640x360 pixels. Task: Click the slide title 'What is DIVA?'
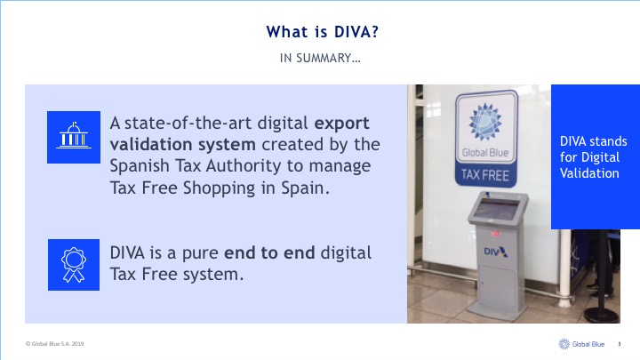323,32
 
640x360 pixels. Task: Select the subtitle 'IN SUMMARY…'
320,59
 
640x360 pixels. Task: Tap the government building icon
74,137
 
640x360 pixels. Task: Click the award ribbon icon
74,265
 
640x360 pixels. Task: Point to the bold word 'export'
341,124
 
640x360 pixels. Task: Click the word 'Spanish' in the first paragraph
140,166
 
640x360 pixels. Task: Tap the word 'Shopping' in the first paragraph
220,188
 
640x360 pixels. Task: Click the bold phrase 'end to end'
269,253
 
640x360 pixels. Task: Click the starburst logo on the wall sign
485,122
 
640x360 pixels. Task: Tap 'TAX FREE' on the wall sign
485,175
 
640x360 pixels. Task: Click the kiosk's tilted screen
496,209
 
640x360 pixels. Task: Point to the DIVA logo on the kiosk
495,252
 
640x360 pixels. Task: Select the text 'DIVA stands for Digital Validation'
593,157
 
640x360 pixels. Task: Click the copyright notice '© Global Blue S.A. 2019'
55,344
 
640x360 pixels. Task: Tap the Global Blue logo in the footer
581,344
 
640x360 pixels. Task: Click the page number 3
620,344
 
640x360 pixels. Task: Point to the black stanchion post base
602,316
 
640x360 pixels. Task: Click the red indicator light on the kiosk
495,234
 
